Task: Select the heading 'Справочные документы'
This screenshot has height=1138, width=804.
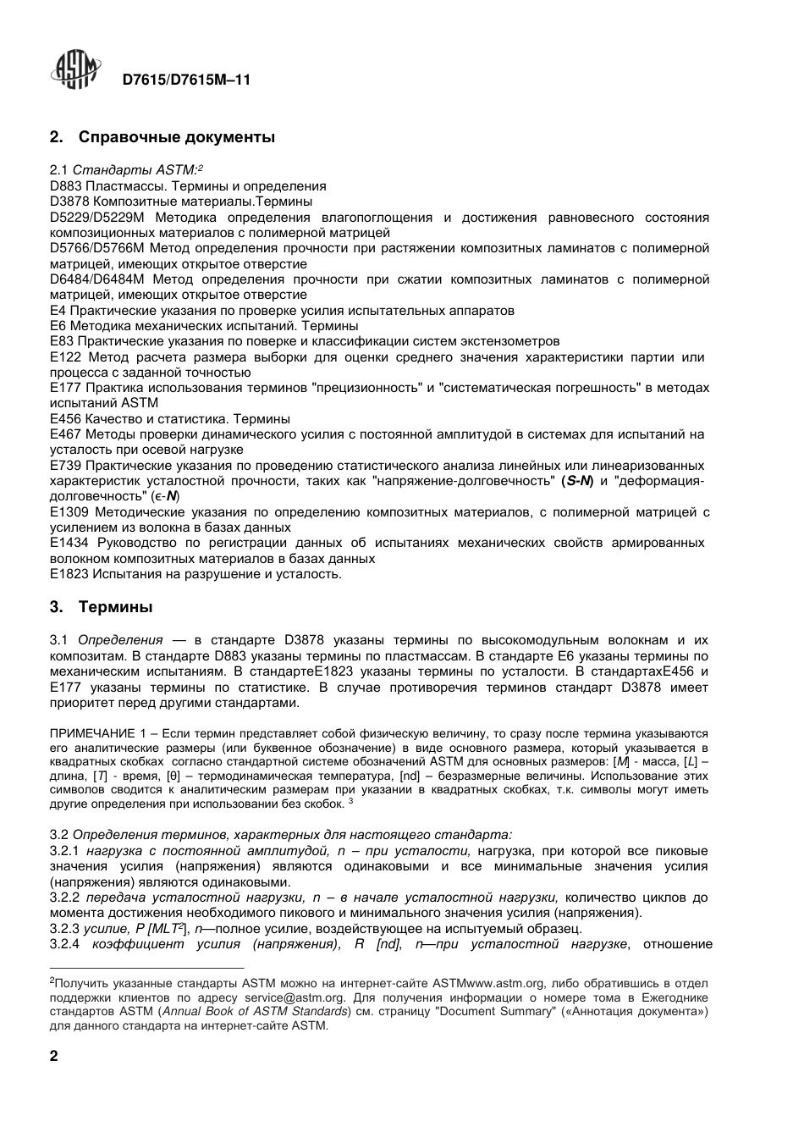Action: (x=176, y=136)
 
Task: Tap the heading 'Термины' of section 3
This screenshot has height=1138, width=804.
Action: (x=116, y=607)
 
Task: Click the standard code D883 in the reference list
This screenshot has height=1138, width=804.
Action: (x=65, y=186)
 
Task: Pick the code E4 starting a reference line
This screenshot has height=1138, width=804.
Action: (x=58, y=311)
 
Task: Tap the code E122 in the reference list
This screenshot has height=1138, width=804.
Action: (x=65, y=357)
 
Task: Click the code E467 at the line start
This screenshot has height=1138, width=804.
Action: (x=65, y=434)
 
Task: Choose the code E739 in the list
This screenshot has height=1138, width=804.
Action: (x=65, y=466)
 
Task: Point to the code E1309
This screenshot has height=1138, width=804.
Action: (x=69, y=512)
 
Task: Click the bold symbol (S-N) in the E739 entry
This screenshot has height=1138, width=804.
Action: (x=576, y=481)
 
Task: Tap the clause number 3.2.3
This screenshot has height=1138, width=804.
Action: (x=64, y=929)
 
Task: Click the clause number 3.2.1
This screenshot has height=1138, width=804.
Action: (x=64, y=851)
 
